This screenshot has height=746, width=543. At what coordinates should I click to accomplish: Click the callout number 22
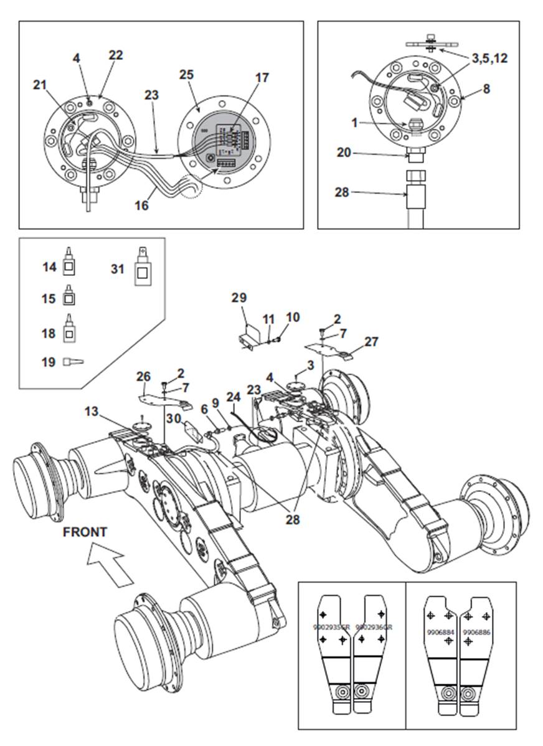pyautogui.click(x=116, y=55)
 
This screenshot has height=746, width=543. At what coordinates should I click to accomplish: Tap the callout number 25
pyautogui.click(x=186, y=74)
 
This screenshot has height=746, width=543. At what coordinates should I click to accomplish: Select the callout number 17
pyautogui.click(x=262, y=78)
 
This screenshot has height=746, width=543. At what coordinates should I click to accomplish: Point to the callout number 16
pyautogui.click(x=142, y=204)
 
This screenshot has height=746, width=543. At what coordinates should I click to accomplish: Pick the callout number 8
pyautogui.click(x=486, y=88)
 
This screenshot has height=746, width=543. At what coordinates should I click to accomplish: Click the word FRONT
pyautogui.click(x=84, y=532)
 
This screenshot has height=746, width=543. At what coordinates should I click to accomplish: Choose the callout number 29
pyautogui.click(x=239, y=298)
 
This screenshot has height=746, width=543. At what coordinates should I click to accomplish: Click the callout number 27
pyautogui.click(x=372, y=341)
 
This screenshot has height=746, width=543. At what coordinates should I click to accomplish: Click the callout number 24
pyautogui.click(x=233, y=396)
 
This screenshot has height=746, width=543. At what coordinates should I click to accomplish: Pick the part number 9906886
pyautogui.click(x=476, y=631)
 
